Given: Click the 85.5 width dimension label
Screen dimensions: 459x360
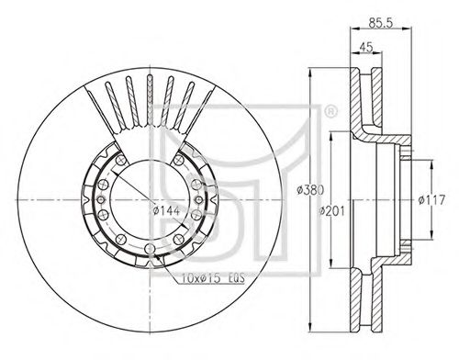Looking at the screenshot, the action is [x=380, y=23].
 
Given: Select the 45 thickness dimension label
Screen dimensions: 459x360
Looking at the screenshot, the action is [x=366, y=47].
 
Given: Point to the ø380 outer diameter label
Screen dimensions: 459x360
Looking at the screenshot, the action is [x=310, y=190].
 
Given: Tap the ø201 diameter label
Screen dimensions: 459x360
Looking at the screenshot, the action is [x=332, y=211].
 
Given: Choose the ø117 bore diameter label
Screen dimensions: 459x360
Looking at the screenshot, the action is [x=431, y=200].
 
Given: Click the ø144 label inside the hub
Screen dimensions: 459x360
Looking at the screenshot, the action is [x=166, y=210].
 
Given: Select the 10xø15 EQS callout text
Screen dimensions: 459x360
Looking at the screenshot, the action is [x=213, y=278].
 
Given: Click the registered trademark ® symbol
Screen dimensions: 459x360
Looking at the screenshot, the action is [x=330, y=111].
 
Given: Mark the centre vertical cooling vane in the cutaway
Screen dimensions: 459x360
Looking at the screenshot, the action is [x=150, y=100].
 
